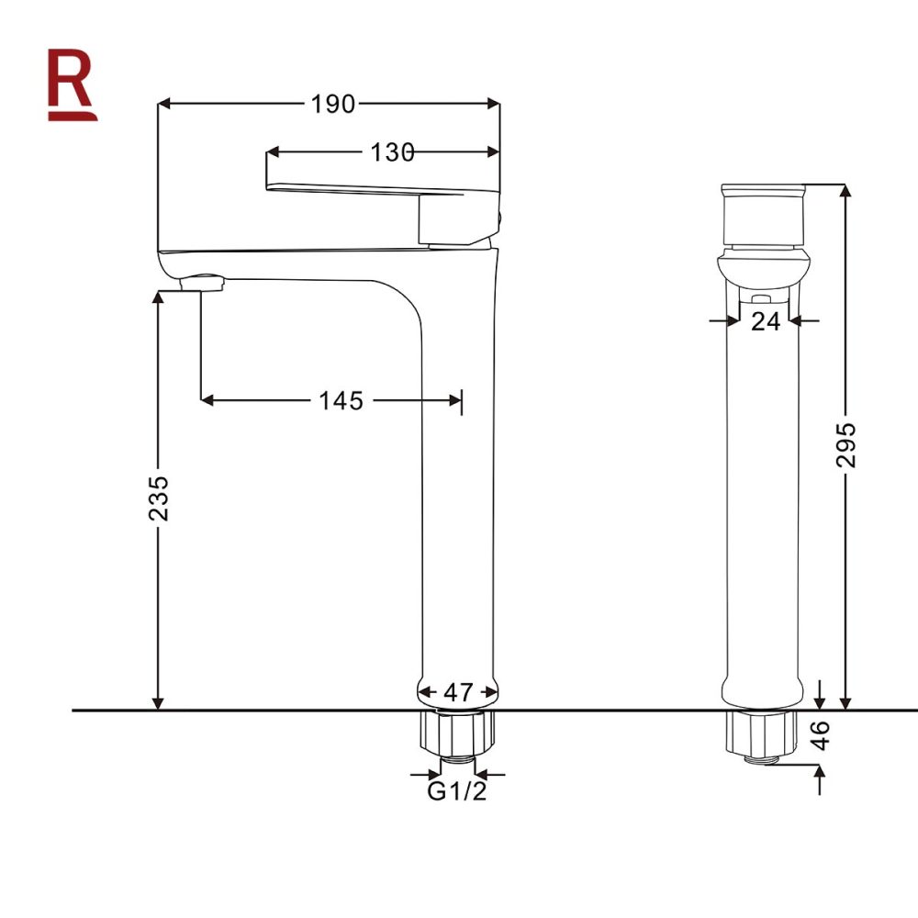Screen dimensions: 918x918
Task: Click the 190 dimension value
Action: pos(332,105)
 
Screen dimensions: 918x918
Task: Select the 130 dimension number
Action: pos(392,153)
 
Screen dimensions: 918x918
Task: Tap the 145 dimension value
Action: pos(341,400)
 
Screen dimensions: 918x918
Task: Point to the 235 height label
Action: pos(160,498)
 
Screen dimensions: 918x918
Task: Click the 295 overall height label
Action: pos(846,445)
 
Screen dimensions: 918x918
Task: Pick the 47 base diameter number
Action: pos(458,691)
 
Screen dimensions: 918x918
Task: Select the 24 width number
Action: pos(765,320)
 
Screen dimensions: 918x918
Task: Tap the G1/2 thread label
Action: pos(457,791)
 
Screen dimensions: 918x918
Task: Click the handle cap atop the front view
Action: pos(764,215)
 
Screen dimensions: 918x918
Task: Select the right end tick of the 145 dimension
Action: pos(462,400)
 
